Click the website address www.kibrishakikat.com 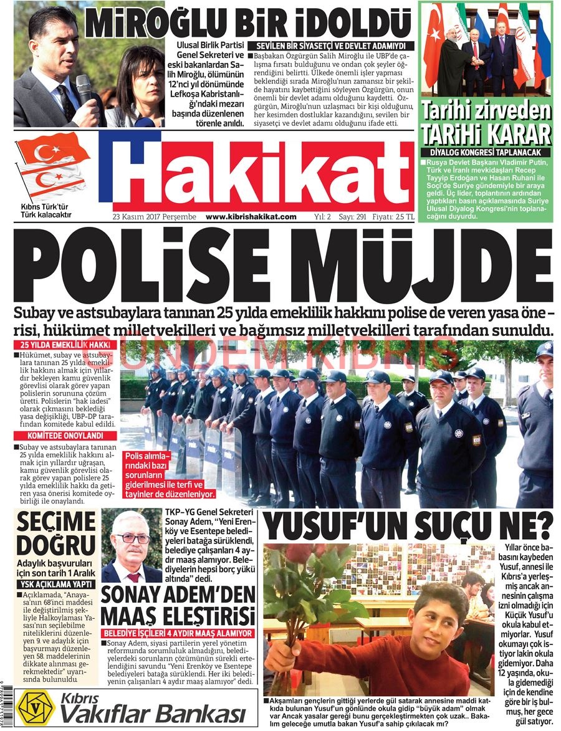coord(251,217)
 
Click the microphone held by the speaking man coord(84,88)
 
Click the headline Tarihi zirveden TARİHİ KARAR coord(486,123)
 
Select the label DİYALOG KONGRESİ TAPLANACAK coord(486,152)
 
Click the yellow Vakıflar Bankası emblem coord(36,706)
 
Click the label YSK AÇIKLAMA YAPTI coord(55,585)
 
